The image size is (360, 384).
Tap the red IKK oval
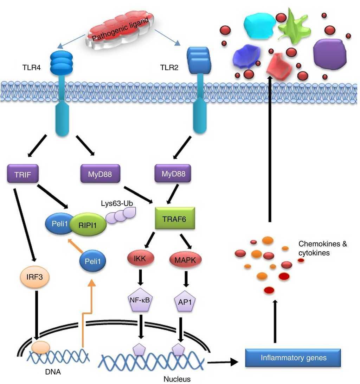pyautogui.click(x=140, y=259)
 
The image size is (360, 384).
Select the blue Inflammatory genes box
pyautogui.click(x=294, y=358)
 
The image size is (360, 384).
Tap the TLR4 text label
pyautogui.click(x=31, y=68)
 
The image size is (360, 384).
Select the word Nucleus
pyautogui.click(x=177, y=379)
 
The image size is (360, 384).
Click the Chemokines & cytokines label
pyautogui.click(x=322, y=248)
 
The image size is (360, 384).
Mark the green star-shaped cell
pyautogui.click(x=293, y=27)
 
